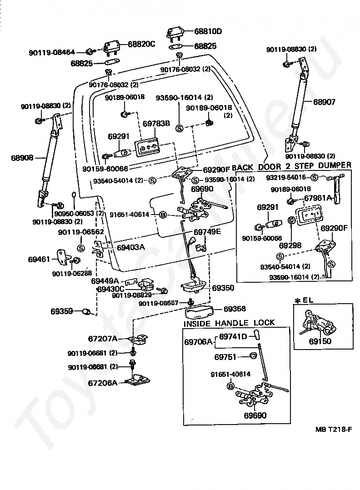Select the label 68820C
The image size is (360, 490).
pos(141,44)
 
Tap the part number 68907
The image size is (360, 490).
pos(324,102)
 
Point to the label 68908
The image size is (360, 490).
pos(22,158)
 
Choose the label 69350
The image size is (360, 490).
pos(223,288)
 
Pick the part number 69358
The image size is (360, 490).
pos(235,309)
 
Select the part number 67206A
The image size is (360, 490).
pos(103,383)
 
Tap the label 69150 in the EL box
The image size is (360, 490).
pos(320,341)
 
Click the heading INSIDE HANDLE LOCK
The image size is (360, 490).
pos(229,323)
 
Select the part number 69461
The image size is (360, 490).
pos(39,260)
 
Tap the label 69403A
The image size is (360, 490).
pos(130,248)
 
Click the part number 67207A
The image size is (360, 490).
pos(103,339)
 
